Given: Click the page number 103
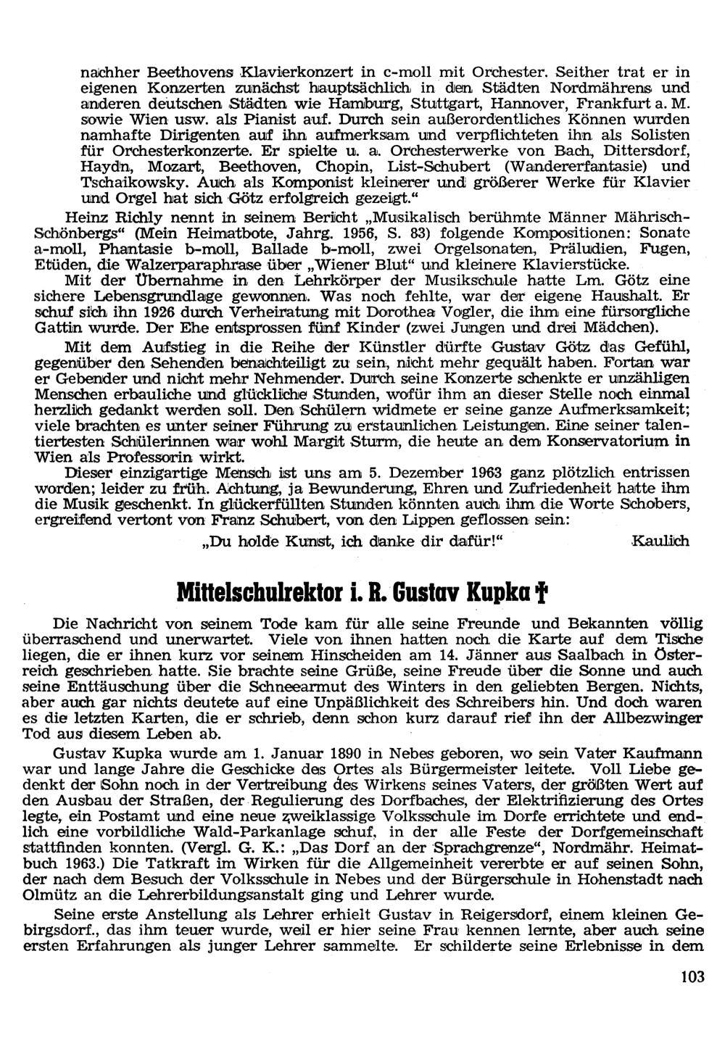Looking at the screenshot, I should pos(693,976).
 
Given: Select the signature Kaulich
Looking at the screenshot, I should pos(660,540).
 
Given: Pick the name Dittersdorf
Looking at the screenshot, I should pos(646,151).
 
